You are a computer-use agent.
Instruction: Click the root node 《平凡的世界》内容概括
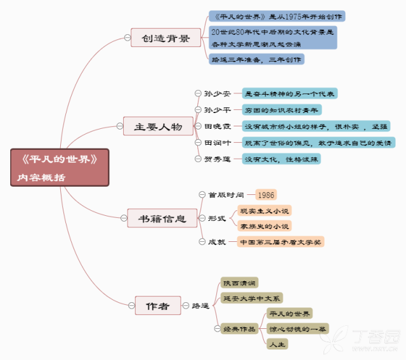tap(60, 168)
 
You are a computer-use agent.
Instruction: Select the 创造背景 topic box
tap(166, 37)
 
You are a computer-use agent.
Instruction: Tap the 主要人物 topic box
tap(158, 126)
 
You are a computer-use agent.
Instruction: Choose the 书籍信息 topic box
tap(162, 218)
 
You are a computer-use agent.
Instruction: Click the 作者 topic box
tap(158, 305)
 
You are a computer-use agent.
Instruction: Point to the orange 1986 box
tap(266, 195)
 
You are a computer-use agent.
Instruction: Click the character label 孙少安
tap(217, 93)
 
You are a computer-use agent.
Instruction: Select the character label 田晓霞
tap(217, 126)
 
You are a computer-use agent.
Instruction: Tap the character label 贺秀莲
tap(217, 159)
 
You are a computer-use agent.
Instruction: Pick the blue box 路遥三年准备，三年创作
tap(256, 59)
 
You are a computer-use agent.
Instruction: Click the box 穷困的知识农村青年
tap(282, 110)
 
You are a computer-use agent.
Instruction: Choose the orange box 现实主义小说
tap(265, 211)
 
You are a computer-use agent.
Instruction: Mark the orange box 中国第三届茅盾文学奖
tap(280, 242)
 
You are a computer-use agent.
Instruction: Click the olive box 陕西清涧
tap(239, 283)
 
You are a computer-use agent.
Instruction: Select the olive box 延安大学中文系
tap(251, 298)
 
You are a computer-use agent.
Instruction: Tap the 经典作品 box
tap(239, 329)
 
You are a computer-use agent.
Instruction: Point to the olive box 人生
tap(277, 344)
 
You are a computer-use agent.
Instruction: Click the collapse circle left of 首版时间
tap(202, 194)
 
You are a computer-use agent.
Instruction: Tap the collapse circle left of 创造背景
tap(128, 37)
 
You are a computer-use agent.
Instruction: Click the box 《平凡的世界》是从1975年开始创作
tap(277, 16)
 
